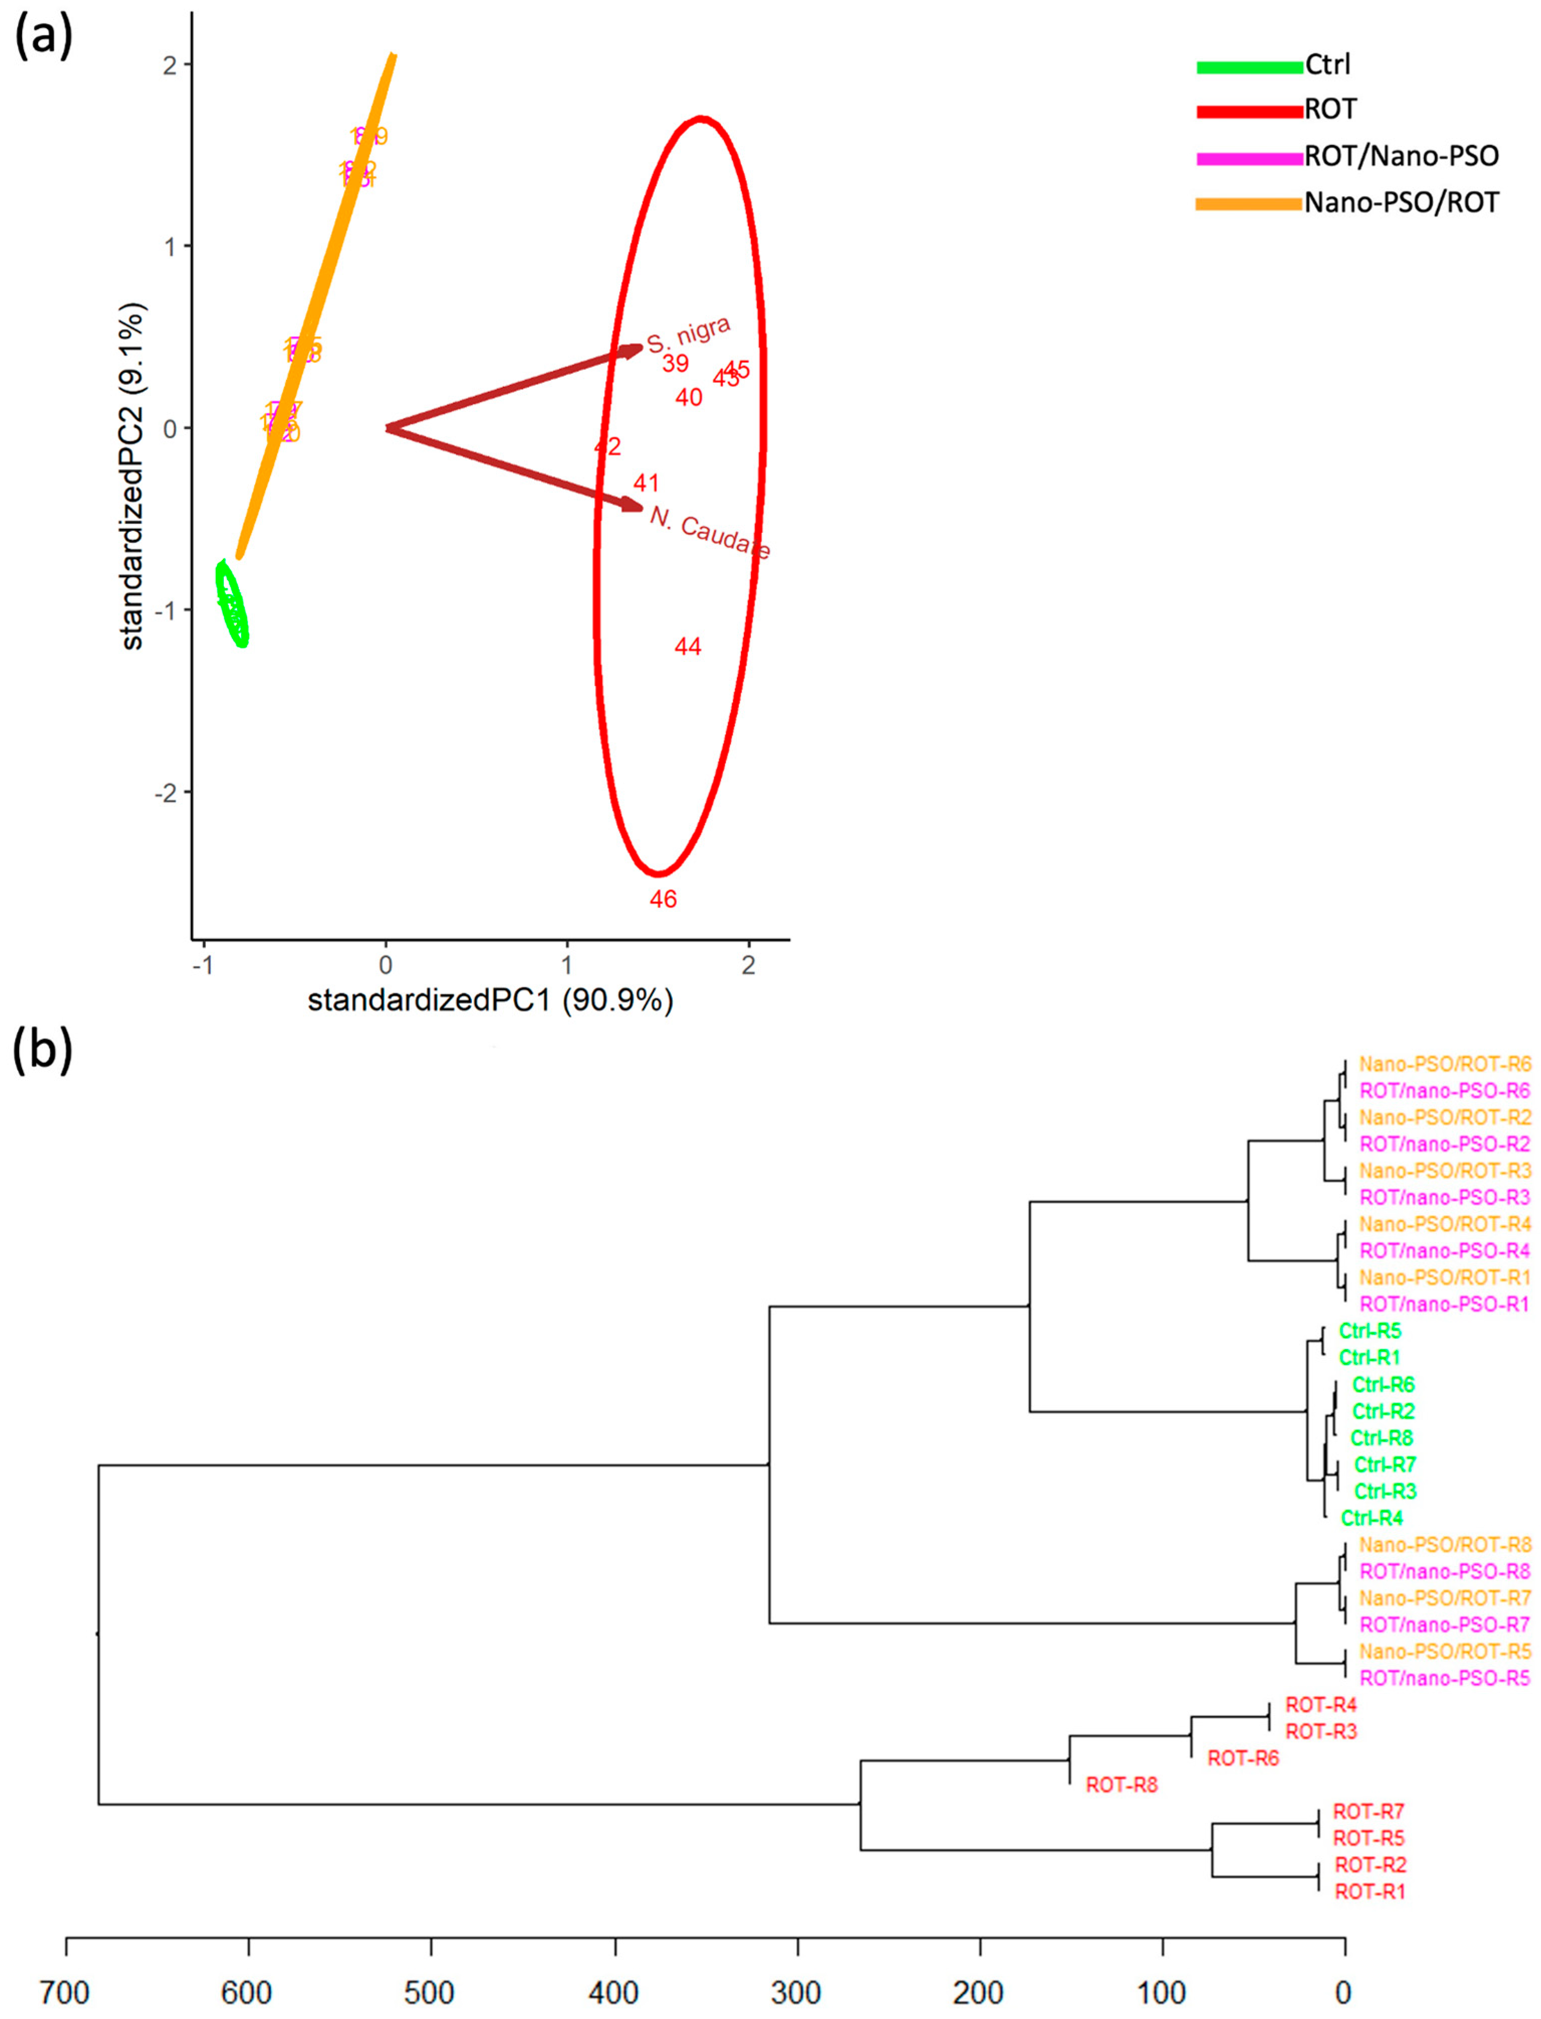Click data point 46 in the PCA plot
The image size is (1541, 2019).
click(663, 900)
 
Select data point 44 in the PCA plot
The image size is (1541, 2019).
click(688, 647)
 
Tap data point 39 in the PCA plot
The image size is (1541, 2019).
click(675, 364)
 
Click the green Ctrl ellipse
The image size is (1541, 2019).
click(232, 604)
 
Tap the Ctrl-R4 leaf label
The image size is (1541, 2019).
click(1371, 1518)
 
